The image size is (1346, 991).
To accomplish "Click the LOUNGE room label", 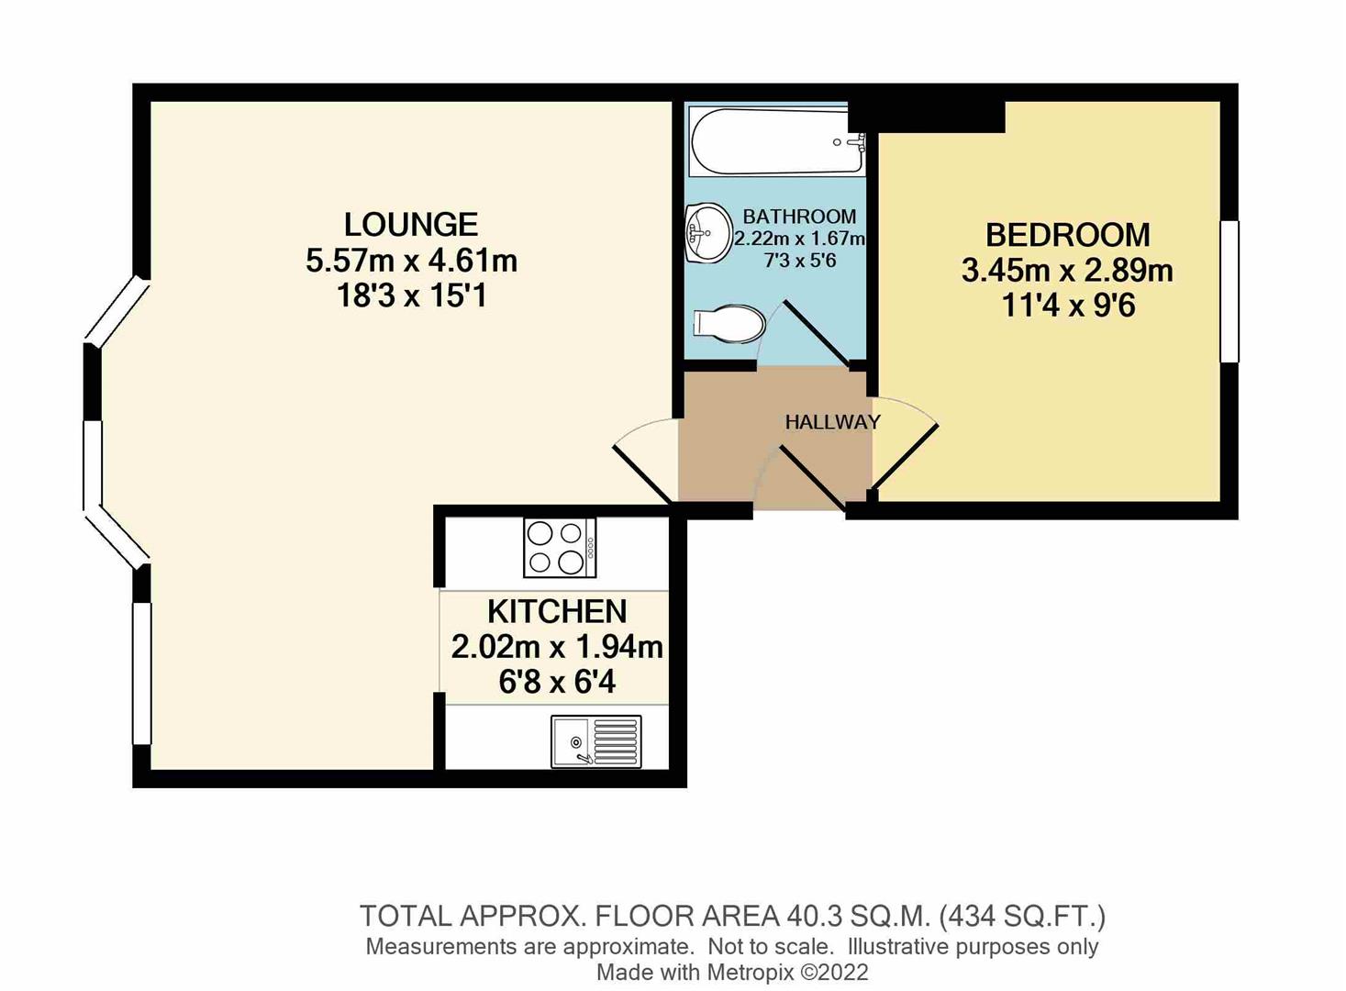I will coord(410,225).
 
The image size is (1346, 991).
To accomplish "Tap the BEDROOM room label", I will coord(1067,235).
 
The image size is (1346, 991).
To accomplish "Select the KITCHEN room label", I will coord(556,611).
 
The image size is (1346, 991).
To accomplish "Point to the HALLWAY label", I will coord(832,422).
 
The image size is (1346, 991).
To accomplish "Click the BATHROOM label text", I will coord(799,217).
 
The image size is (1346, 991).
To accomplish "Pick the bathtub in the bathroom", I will coord(777,141).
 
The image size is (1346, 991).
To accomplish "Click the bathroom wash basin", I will coord(706,232).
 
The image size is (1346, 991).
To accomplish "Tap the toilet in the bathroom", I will coord(729,324).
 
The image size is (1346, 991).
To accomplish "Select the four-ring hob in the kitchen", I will coord(559,548).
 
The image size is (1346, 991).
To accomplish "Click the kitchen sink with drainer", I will coord(595,741).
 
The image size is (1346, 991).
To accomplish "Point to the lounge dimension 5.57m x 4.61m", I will coord(411,261).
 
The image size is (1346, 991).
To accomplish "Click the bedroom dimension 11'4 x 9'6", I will coord(1068,305).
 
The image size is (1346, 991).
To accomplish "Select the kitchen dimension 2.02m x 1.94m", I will coord(556,647).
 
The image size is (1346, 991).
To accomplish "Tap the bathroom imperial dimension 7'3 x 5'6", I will coord(799,261).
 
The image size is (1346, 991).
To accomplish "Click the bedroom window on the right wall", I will coord(1229,291).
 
